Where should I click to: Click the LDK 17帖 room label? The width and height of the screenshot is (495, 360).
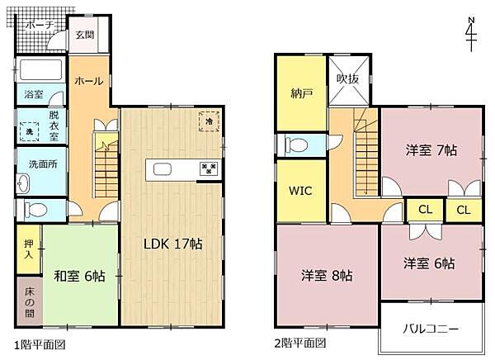click(x=173, y=244)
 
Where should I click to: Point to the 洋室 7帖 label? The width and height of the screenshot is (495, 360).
click(x=431, y=150)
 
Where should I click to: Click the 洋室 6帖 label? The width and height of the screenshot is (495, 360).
click(x=429, y=264)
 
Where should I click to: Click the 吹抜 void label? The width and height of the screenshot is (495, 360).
click(x=348, y=79)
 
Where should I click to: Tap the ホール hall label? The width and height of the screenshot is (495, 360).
click(x=88, y=81)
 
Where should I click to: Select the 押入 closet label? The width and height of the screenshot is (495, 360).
click(x=28, y=249)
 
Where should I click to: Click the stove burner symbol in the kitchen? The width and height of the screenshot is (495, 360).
click(x=208, y=169)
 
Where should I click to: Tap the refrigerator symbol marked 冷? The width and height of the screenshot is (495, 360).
click(x=210, y=121)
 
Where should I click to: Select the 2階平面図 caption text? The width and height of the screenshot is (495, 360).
click(x=299, y=343)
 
